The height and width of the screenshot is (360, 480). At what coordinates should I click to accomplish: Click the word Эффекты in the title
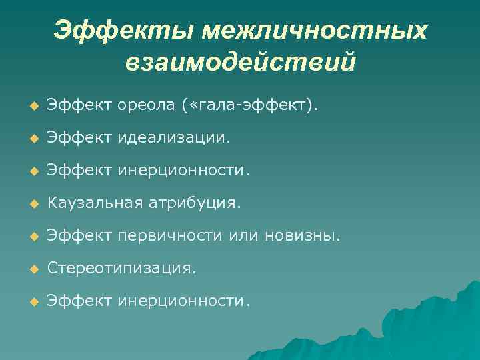(124, 29)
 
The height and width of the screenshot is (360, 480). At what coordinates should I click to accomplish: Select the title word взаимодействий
(240, 63)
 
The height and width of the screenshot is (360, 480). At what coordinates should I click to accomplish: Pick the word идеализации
(175, 137)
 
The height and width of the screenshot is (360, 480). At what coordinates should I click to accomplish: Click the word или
(245, 235)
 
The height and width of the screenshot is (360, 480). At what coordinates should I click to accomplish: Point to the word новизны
(303, 235)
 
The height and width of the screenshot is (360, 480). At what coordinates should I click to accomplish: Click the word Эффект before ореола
(79, 105)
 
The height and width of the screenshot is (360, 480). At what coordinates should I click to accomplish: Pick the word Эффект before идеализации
(79, 137)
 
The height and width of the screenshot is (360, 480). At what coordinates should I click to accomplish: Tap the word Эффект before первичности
(79, 235)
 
